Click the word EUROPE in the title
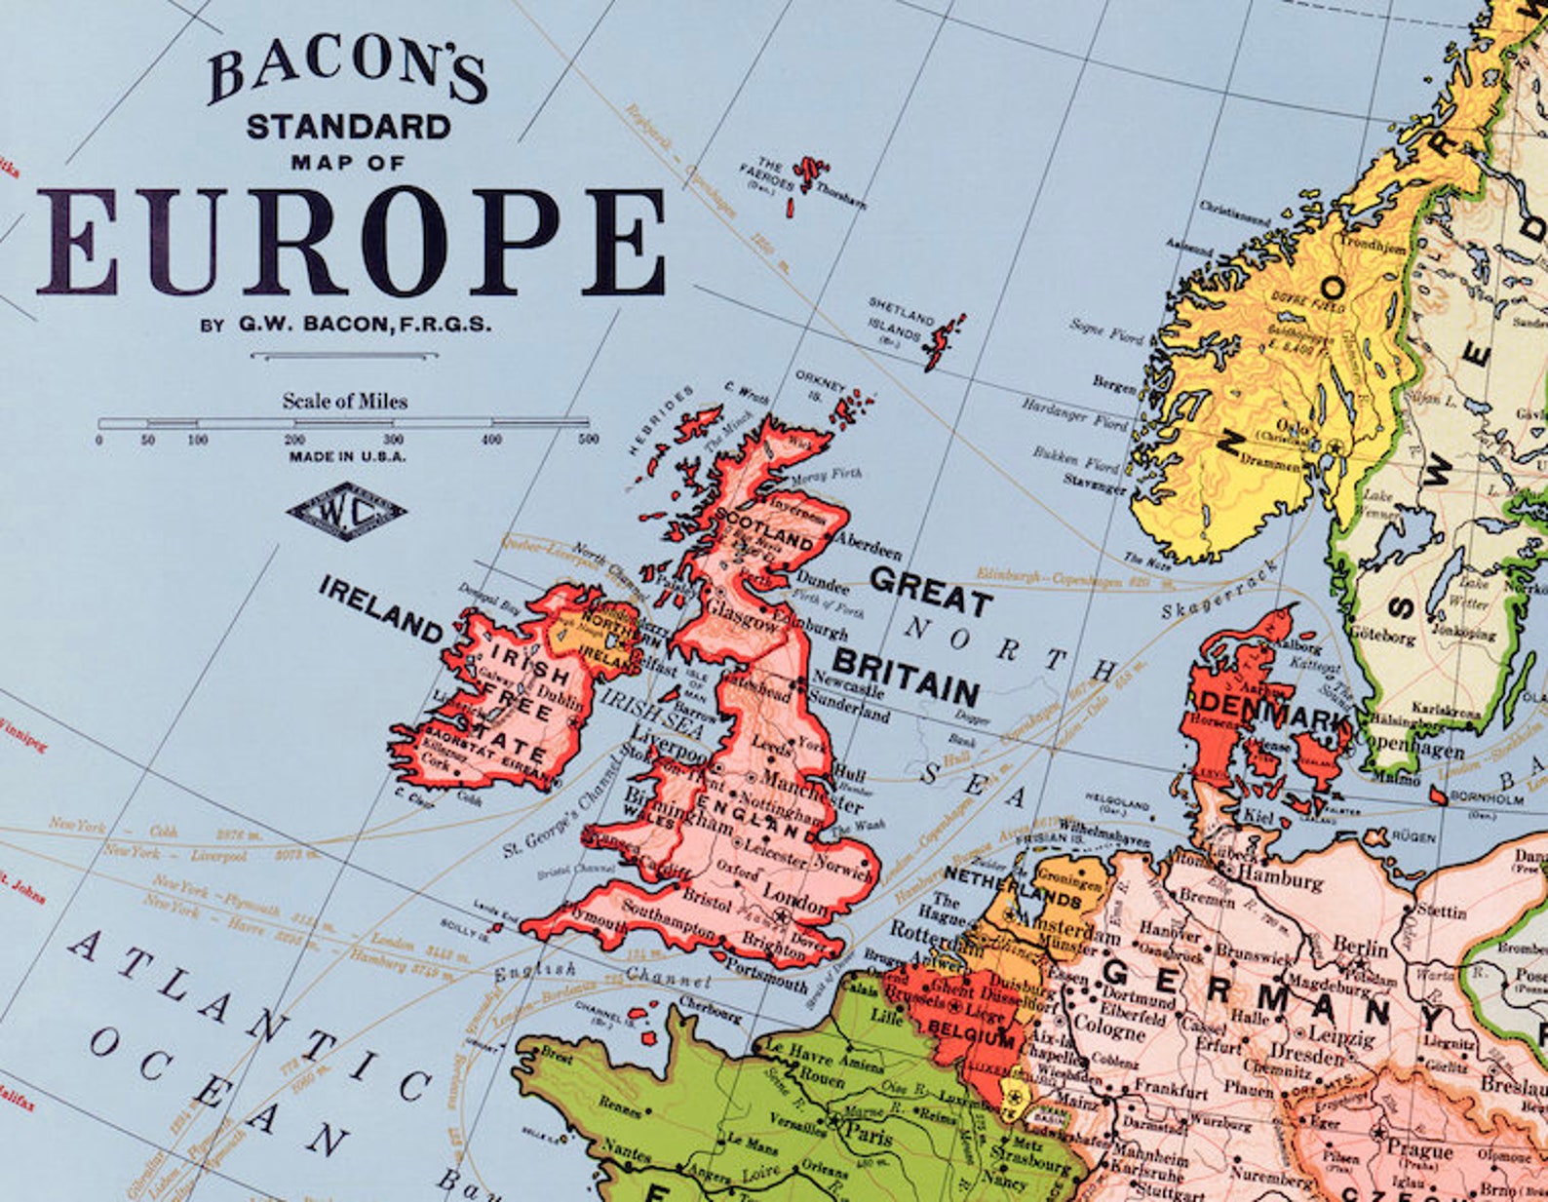(351, 242)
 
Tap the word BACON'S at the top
(346, 74)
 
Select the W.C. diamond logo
(347, 511)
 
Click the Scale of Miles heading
(345, 401)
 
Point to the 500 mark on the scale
(588, 440)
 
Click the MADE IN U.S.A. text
(347, 456)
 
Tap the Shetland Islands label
(901, 320)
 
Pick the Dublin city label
(561, 698)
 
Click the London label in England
(795, 896)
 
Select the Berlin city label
(1360, 947)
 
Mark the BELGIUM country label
(972, 1032)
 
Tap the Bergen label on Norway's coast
(1114, 384)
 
